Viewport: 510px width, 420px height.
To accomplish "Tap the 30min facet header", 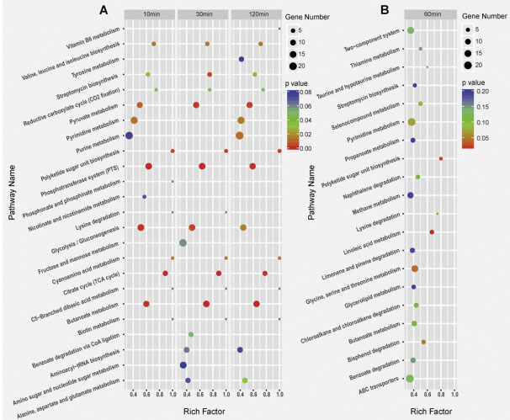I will pos(203,14).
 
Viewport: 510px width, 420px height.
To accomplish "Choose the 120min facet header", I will pos(256,14).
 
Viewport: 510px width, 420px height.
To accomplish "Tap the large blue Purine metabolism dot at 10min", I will pos(129,136).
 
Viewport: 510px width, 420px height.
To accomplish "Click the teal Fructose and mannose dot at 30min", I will pos(183,243).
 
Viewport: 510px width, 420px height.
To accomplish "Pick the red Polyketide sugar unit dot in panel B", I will pos(440,158).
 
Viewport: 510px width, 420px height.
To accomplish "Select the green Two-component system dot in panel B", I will pos(410,31).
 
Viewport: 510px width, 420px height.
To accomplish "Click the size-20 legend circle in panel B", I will pos(469,64).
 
